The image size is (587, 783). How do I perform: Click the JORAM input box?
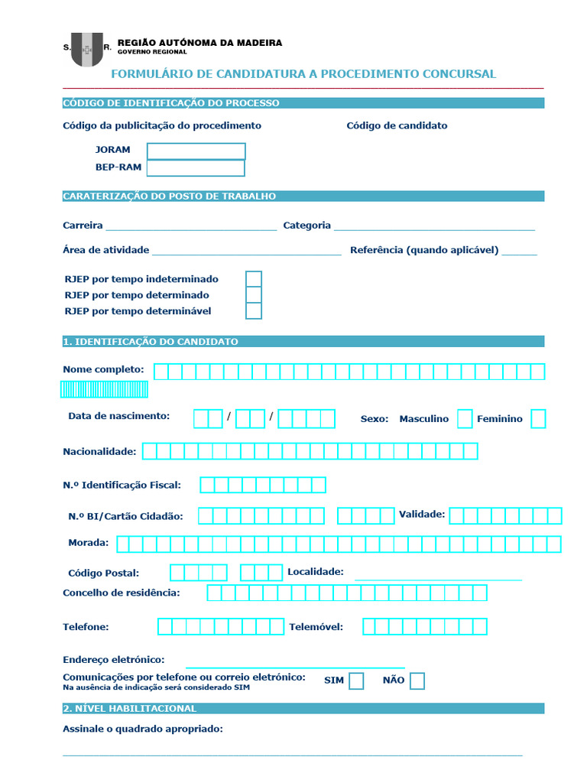(196, 151)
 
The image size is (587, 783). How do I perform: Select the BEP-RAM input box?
(196, 167)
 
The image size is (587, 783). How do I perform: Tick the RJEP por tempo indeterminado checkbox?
(254, 279)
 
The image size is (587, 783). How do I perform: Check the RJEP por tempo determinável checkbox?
(254, 311)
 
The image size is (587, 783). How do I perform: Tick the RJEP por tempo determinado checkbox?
(254, 295)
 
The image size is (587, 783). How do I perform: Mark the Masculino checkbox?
(465, 419)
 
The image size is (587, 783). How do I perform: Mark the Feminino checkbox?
(538, 419)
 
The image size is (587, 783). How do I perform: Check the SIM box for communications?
(356, 681)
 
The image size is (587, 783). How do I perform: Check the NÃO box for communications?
(417, 681)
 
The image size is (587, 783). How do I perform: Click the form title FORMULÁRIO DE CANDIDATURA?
(303, 74)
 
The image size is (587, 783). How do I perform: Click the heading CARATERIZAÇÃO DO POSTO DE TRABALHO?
(169, 197)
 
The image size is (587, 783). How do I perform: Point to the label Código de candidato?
(397, 125)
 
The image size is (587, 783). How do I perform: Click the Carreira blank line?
(191, 226)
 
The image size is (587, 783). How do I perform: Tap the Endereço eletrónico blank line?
(295, 662)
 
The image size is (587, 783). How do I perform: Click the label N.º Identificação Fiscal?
(122, 485)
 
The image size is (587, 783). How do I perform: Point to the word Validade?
(422, 514)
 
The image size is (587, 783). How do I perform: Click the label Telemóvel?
(316, 627)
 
